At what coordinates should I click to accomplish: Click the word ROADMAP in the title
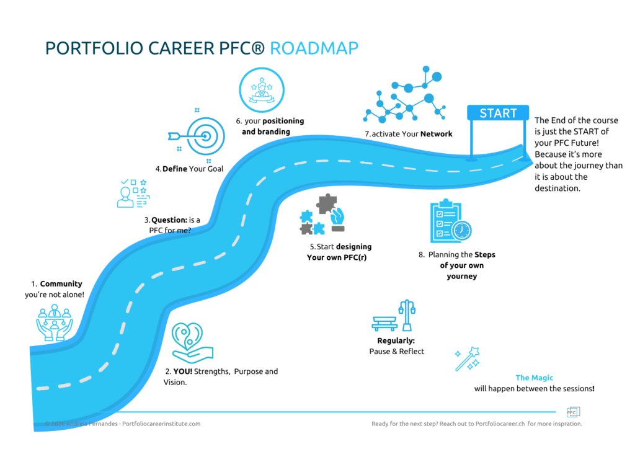tap(314, 49)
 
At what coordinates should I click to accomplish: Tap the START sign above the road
tap(498, 113)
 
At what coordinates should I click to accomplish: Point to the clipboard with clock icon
tap(449, 222)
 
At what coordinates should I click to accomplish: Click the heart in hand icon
tap(192, 342)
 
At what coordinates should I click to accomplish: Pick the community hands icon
tap(54, 323)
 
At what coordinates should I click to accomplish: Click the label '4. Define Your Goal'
tap(189, 169)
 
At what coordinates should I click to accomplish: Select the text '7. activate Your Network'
tap(408, 134)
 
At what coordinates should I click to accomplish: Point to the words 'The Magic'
tap(534, 378)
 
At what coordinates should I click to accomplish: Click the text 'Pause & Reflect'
tap(397, 352)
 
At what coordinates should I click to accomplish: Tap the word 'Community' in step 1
tap(61, 284)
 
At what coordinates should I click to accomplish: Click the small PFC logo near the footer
tap(572, 412)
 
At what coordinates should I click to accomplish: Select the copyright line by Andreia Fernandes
tap(123, 424)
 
